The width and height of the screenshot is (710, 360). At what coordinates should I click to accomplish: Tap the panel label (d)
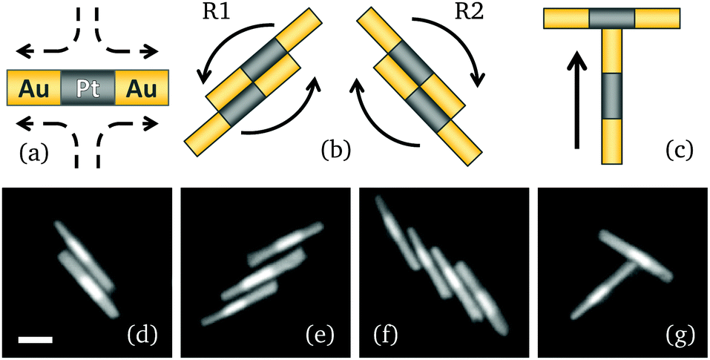(140, 336)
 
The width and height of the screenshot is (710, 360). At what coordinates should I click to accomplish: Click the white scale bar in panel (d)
(36, 339)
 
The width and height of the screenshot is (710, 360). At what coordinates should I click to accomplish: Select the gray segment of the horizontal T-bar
(612, 18)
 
